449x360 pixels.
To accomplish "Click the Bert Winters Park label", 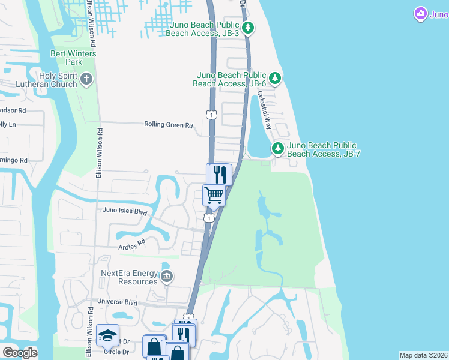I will [x=66, y=58].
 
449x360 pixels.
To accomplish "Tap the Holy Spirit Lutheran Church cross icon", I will [x=87, y=79].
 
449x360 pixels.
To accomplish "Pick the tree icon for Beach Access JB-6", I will [x=275, y=78].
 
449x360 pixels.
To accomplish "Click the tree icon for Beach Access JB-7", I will [x=277, y=148].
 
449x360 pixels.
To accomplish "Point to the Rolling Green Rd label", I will [x=168, y=125].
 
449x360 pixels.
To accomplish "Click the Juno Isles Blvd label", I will [x=125, y=211].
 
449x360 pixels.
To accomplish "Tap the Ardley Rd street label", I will [x=133, y=244].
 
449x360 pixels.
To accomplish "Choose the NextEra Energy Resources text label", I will [x=129, y=277].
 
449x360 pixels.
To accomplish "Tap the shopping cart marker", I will [x=214, y=196].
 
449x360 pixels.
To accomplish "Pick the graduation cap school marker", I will [x=107, y=336].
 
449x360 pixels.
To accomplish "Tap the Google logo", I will [x=19, y=353].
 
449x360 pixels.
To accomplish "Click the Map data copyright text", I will [x=423, y=355].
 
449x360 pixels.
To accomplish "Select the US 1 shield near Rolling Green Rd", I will [x=211, y=115].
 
